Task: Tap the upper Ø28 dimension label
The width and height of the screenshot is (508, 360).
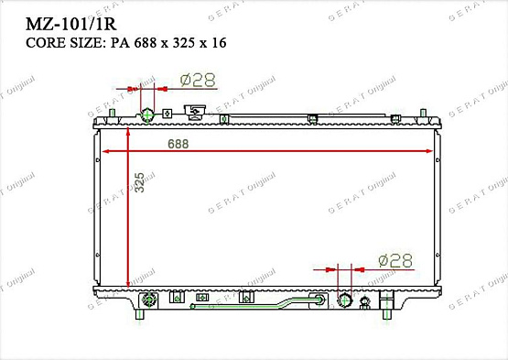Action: pyautogui.click(x=197, y=81)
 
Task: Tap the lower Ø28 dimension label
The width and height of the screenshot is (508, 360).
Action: pyautogui.click(x=395, y=261)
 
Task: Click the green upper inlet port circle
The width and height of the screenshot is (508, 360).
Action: pyautogui.click(x=146, y=115)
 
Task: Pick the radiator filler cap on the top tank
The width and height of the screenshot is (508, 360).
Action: pyautogui.click(x=194, y=113)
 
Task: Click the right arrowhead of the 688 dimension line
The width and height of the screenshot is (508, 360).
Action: pyautogui.click(x=433, y=151)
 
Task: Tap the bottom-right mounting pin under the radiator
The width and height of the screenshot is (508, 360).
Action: pyautogui.click(x=391, y=313)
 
